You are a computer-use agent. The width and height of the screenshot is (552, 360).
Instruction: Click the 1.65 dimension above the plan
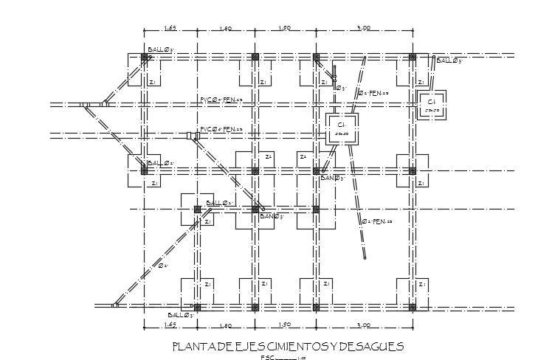[169, 28]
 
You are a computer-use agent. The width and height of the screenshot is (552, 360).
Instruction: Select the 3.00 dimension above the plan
[362, 28]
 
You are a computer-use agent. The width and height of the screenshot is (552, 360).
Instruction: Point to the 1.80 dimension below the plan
[226, 325]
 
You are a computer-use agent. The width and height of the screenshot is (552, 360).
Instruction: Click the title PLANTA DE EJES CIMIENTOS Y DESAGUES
[288, 345]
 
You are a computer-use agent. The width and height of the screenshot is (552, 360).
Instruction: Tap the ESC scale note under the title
[283, 357]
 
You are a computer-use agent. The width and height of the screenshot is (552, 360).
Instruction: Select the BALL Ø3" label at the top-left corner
[160, 50]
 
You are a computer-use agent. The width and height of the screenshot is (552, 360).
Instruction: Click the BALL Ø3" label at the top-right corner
[449, 60]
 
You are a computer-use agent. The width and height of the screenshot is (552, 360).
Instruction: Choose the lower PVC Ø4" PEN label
[221, 130]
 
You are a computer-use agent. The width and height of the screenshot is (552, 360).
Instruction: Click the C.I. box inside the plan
[342, 128]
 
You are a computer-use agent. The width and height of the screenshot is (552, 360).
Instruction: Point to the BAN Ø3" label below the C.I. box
[333, 178]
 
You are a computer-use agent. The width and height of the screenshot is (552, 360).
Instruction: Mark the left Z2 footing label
[268, 156]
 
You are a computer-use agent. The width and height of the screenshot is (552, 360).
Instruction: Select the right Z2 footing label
[303, 156]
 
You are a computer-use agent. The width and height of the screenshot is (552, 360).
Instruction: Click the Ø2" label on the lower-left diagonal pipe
[163, 266]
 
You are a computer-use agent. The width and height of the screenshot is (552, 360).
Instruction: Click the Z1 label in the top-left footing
[152, 83]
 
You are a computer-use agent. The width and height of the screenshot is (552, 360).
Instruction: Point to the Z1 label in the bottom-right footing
[421, 285]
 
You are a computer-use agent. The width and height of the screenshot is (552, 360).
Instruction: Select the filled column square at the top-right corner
[413, 56]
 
